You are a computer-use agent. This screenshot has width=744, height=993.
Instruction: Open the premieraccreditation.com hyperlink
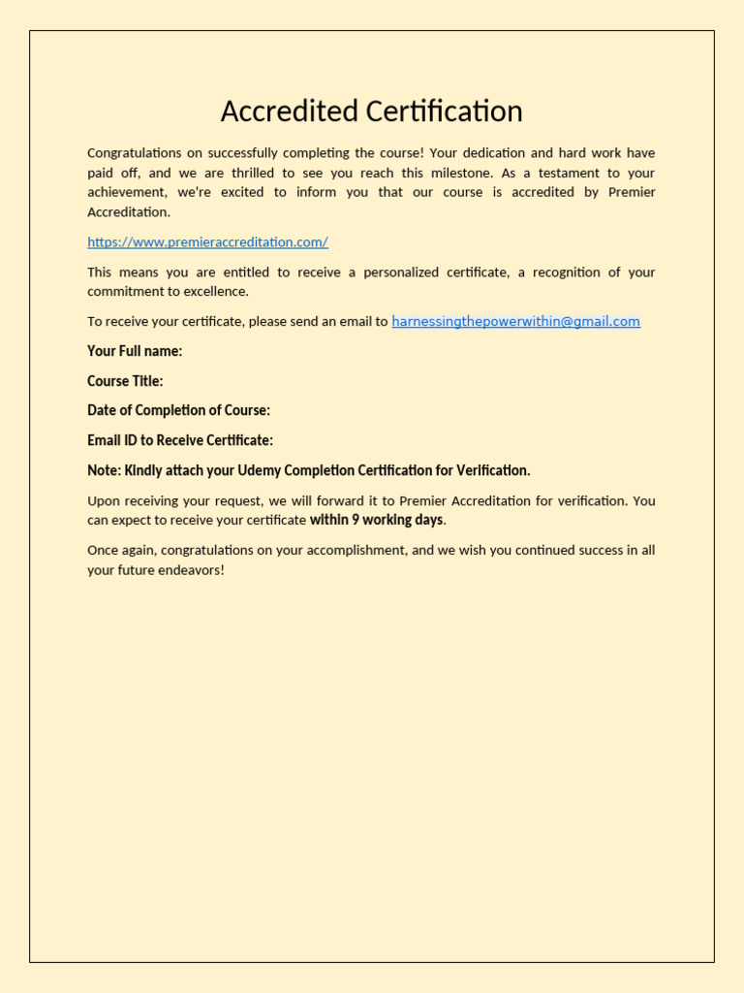click(x=207, y=242)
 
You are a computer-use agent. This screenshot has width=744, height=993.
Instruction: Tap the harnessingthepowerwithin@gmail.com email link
click(x=515, y=322)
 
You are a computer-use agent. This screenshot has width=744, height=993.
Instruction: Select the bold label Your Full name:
click(x=135, y=351)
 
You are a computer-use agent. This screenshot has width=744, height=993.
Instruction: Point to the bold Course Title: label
click(x=125, y=381)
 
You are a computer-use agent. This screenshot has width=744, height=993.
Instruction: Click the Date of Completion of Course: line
click(x=178, y=411)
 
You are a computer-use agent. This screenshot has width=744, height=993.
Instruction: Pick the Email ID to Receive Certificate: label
click(x=180, y=440)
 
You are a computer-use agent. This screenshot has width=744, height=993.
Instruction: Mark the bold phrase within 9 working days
click(x=376, y=520)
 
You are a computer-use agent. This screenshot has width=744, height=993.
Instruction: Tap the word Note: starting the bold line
click(x=104, y=470)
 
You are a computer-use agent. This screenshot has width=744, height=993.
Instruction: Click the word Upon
click(x=104, y=501)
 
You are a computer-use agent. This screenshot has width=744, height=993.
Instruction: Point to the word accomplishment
click(x=330, y=551)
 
